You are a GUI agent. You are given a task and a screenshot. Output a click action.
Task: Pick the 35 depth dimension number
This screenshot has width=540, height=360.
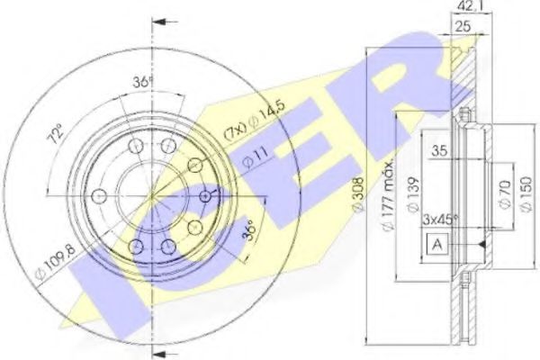coord(439,152)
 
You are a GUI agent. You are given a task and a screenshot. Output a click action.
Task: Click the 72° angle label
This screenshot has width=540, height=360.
coord(57,136)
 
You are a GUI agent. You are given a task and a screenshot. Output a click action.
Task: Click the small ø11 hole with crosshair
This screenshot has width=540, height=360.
coord(206,195)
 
